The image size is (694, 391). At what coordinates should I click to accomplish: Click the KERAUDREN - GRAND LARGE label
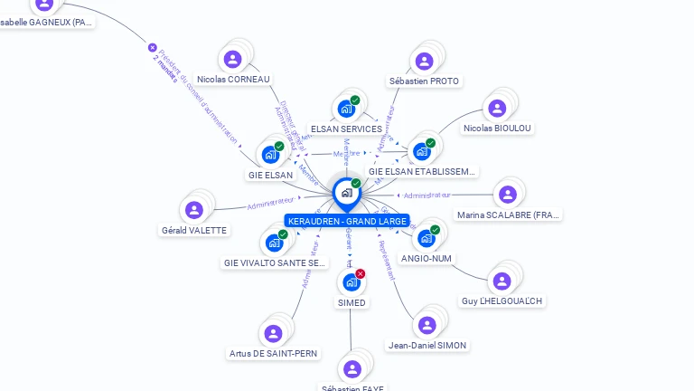click(346, 221)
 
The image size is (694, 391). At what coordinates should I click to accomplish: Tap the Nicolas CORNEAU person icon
click(233, 60)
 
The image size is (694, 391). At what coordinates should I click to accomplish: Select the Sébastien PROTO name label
click(424, 81)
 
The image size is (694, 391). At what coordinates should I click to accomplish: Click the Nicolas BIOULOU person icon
click(496, 109)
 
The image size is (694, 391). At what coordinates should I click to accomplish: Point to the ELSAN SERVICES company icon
click(345, 109)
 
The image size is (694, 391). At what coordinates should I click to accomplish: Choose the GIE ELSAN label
click(270, 175)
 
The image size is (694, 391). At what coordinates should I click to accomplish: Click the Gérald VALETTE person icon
click(193, 210)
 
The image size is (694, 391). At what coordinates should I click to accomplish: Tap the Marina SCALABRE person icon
click(507, 195)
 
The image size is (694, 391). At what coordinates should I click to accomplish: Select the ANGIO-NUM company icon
click(426, 238)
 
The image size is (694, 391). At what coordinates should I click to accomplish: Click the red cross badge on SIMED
click(361, 273)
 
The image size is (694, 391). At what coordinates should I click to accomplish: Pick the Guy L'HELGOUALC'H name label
click(503, 300)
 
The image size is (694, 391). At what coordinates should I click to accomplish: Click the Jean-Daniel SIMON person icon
click(427, 325)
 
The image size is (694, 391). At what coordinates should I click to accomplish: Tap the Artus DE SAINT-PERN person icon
click(273, 333)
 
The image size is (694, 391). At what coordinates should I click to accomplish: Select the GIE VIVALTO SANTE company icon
click(273, 243)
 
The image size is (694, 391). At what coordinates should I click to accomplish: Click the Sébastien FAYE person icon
click(352, 368)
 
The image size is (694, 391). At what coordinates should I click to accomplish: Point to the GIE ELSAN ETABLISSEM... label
click(422, 171)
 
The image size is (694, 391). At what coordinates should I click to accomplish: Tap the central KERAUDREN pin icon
click(346, 193)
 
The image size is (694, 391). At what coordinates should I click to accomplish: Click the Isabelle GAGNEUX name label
click(46, 22)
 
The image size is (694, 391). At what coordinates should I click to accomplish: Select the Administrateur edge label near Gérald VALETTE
click(270, 204)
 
